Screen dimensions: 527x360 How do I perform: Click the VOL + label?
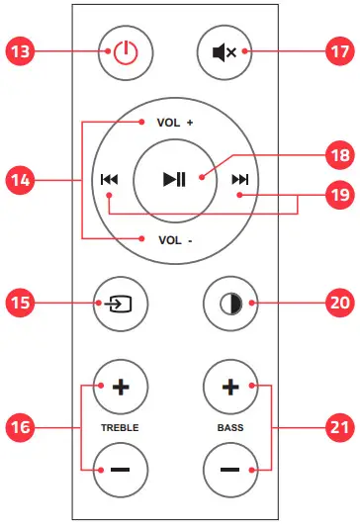click(x=174, y=124)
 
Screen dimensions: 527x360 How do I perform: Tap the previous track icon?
click(x=109, y=180)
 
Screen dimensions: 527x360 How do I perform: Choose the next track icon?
click(x=239, y=180)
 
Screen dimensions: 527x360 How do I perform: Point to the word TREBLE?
click(x=121, y=427)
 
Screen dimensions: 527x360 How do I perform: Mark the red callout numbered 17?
click(x=337, y=52)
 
